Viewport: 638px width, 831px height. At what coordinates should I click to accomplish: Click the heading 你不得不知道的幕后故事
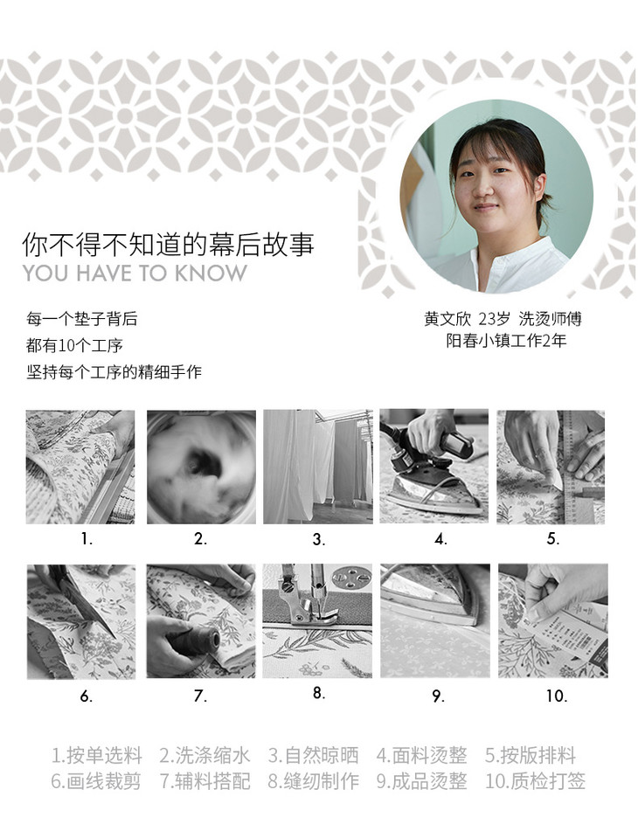[x=168, y=245]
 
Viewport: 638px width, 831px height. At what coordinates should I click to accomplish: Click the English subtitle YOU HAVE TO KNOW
[x=135, y=274]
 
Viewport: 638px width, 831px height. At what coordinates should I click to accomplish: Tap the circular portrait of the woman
[x=496, y=197]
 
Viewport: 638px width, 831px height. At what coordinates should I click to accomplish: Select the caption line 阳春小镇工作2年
[x=506, y=340]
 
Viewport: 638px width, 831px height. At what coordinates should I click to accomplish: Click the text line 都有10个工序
[x=74, y=345]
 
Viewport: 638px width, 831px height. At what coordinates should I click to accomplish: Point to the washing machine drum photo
[x=201, y=467]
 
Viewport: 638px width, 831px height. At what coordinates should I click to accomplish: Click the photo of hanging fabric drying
[x=318, y=467]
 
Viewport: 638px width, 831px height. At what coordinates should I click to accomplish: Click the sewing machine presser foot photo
[x=317, y=621]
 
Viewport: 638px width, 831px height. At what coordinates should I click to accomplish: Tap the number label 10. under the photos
[x=557, y=696]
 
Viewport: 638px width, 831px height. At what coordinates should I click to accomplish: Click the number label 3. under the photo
[x=318, y=539]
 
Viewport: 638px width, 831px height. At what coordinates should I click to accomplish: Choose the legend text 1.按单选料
[x=97, y=755]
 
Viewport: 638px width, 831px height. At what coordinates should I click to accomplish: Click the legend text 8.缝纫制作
[x=314, y=781]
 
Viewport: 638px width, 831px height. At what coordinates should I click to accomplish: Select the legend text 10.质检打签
[x=535, y=781]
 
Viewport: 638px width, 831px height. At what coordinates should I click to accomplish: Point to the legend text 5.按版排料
[x=531, y=755]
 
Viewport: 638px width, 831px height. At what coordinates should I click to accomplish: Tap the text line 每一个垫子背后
[x=82, y=319]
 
